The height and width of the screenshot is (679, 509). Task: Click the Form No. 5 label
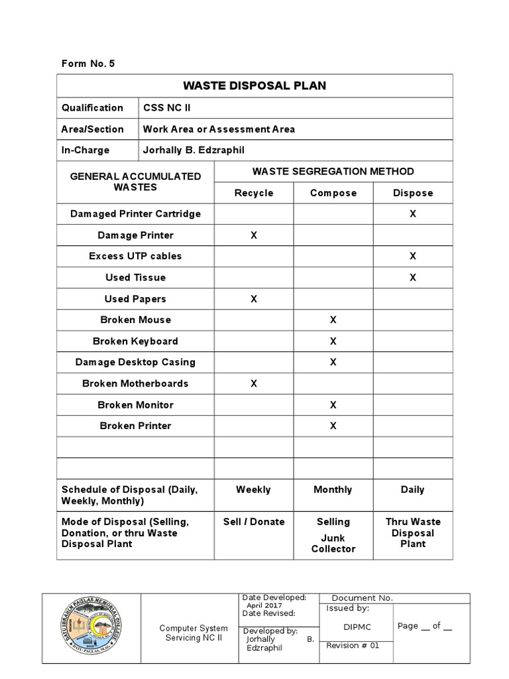tap(88, 64)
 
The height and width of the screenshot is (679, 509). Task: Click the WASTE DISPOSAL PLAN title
tap(254, 86)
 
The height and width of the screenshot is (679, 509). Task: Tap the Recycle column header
tap(253, 193)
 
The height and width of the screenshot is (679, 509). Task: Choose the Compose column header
tap(333, 193)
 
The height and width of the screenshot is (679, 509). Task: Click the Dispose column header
tap(412, 193)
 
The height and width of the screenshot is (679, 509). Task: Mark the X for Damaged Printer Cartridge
tap(412, 214)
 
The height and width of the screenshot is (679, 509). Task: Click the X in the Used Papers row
tap(253, 299)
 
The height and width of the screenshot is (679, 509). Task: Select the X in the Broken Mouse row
tap(333, 320)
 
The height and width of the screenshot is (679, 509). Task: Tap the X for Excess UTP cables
tap(412, 256)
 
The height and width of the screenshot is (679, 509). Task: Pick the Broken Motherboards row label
tap(135, 383)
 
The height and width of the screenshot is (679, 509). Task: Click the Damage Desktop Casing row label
tap(135, 362)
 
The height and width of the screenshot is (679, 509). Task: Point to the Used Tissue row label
tap(135, 277)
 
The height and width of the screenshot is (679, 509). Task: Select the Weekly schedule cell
tap(253, 489)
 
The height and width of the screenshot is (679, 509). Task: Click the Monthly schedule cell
tap(333, 489)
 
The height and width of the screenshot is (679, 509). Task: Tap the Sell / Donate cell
tap(253, 522)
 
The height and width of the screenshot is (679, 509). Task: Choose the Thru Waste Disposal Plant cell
tap(413, 532)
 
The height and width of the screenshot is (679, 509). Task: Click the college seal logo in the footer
tap(91, 628)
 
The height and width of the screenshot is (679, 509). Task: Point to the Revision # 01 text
tap(353, 646)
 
